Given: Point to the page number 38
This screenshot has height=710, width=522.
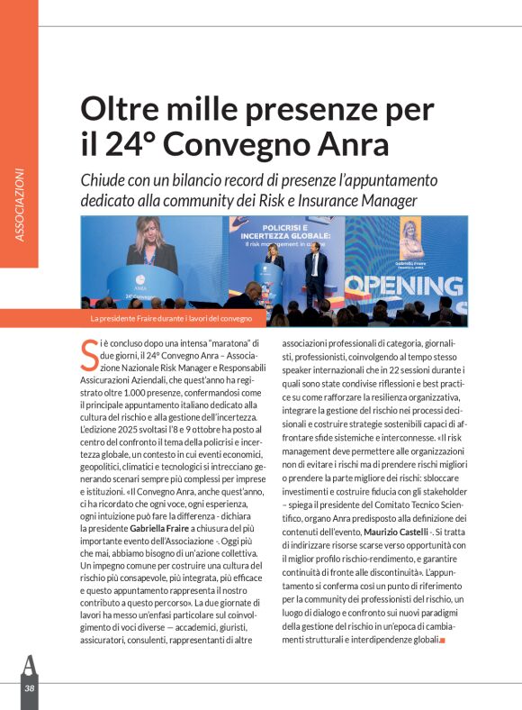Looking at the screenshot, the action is point(30,687).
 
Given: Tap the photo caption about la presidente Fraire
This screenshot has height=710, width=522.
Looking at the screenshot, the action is point(171,319).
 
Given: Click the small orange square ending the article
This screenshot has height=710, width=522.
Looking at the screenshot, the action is point(442,640).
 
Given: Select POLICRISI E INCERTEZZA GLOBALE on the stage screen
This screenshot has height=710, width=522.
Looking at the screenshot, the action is point(285,232).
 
